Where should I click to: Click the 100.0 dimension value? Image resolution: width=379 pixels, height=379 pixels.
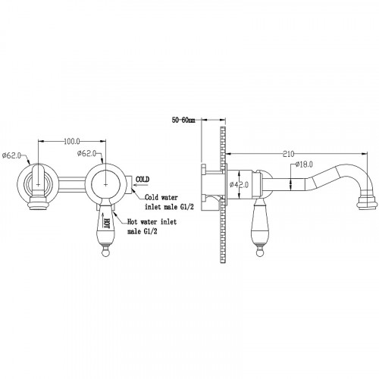[x=72, y=142]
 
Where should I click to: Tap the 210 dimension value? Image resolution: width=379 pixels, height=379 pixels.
[x=289, y=154]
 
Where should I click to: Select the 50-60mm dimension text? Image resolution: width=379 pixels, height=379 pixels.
[x=183, y=121]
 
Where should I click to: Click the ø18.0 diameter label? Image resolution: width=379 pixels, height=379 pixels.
[x=304, y=164]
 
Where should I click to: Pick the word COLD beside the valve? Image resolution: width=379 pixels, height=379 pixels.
[x=143, y=180]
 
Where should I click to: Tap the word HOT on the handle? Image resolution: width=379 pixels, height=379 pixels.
[x=107, y=223]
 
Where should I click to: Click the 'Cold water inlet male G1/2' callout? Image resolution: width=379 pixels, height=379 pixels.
[x=169, y=202]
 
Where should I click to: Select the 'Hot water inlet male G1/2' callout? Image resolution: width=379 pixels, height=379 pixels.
[x=152, y=227]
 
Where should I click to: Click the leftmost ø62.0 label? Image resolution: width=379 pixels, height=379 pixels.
[x=11, y=155]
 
